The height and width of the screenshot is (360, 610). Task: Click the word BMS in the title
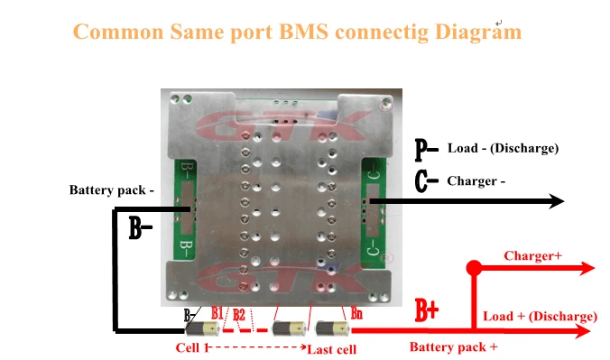click(303, 32)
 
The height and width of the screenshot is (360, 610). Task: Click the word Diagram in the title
click(477, 32)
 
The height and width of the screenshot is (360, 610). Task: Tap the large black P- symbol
click(426, 150)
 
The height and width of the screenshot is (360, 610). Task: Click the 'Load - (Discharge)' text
click(503, 148)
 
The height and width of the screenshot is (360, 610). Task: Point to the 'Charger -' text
click(476, 181)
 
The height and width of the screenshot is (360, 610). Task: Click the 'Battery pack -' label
click(112, 189)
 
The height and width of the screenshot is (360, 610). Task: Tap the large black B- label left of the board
click(140, 228)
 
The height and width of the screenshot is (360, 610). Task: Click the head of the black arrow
click(557, 201)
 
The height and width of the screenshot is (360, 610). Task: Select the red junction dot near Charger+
click(474, 268)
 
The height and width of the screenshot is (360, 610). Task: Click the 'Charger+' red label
click(533, 255)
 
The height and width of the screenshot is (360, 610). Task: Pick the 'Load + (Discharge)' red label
click(540, 317)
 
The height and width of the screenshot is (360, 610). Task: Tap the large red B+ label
click(427, 310)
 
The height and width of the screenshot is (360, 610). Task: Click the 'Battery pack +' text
click(454, 346)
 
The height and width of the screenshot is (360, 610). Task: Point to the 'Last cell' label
click(331, 349)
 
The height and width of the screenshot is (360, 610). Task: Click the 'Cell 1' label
click(192, 347)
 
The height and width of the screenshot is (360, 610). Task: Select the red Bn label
click(356, 313)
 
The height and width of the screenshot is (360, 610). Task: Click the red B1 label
click(217, 313)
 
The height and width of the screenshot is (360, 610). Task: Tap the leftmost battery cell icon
click(202, 328)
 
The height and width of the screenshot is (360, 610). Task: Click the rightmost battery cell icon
click(333, 328)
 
